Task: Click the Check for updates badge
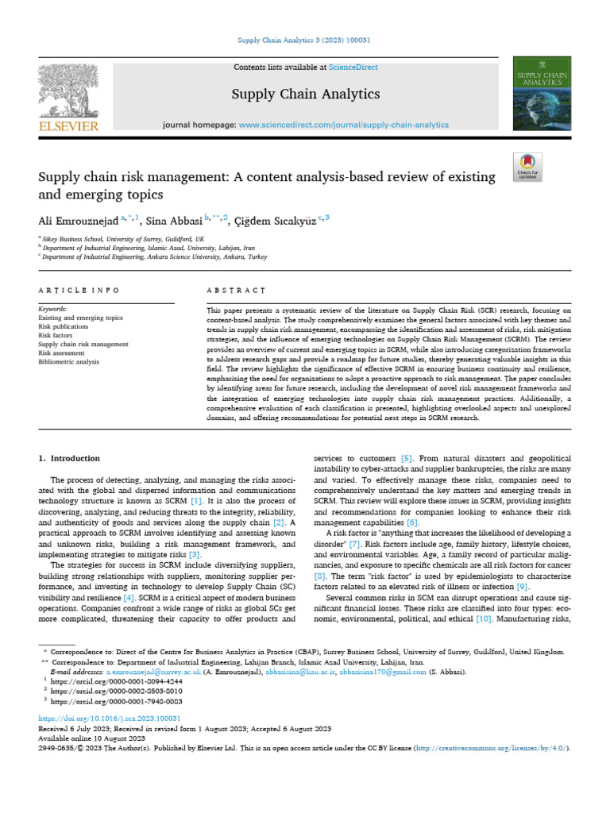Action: pyautogui.click(x=527, y=164)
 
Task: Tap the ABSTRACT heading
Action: pyautogui.click(x=235, y=291)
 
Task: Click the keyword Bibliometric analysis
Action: pyautogui.click(x=69, y=362)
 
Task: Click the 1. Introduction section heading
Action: pyautogui.click(x=70, y=458)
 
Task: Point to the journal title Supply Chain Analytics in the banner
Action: pyautogui.click(x=294, y=94)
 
